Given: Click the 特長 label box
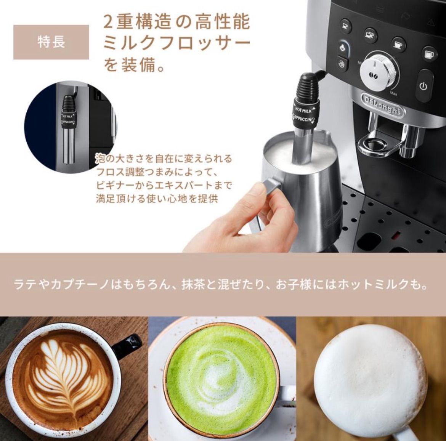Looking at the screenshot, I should pos(51,42).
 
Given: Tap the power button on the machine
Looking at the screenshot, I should pos(423,86).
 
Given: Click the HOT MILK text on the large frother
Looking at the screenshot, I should pos(303,110).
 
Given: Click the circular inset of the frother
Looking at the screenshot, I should pos(71,128).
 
